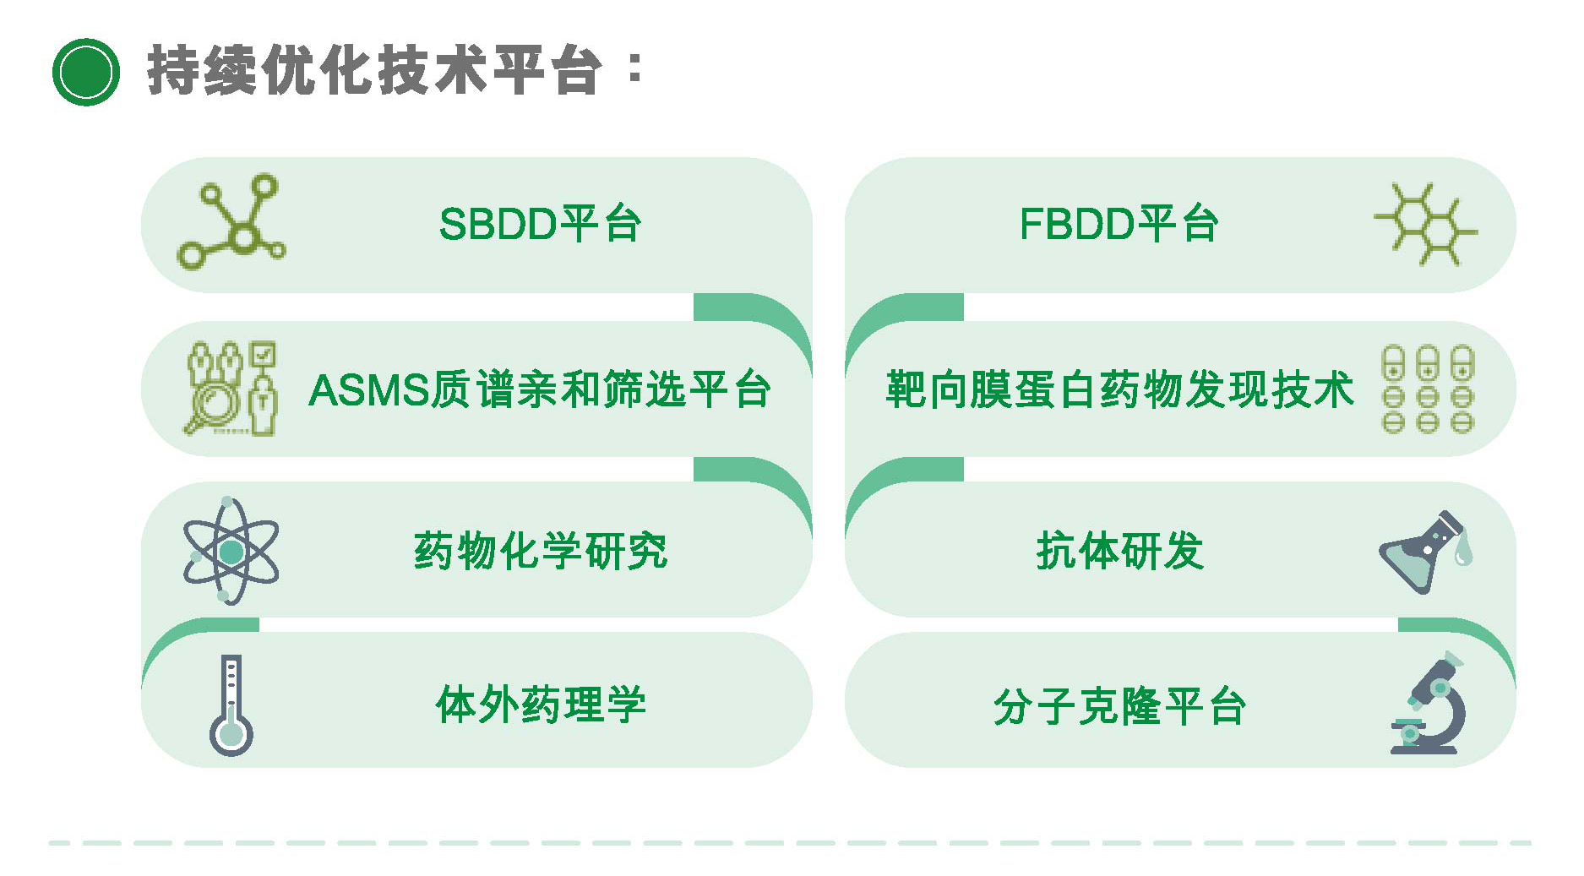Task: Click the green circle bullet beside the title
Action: coord(85,72)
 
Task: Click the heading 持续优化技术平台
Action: coord(374,70)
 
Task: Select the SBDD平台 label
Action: coord(541,225)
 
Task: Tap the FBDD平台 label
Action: coord(1119,225)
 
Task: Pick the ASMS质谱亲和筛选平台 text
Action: coord(541,390)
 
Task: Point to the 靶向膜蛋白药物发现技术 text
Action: coord(1119,390)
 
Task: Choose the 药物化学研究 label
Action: coord(541,552)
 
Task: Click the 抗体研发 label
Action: coord(1119,552)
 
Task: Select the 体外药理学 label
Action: coord(541,705)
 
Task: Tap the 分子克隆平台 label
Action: coord(1119,706)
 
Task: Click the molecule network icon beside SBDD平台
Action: coord(231,222)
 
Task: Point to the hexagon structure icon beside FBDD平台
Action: coord(1426,225)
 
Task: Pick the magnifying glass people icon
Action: coord(231,389)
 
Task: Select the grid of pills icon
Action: coord(1428,389)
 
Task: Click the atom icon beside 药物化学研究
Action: coord(231,551)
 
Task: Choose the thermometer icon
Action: coord(231,705)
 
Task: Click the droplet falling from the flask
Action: coord(1463,552)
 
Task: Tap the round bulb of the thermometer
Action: coord(231,734)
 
